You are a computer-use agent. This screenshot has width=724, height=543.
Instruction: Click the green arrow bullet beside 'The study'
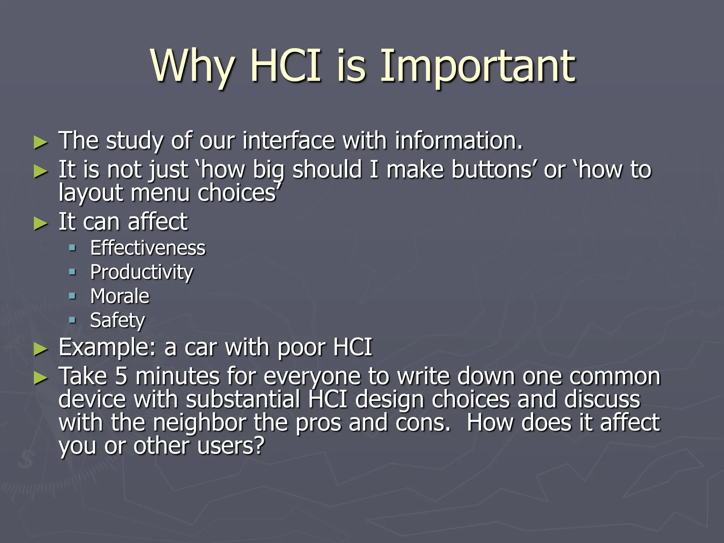point(40,142)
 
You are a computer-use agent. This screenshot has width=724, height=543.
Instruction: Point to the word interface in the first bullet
point(288,141)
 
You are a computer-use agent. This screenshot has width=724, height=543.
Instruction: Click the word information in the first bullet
point(458,141)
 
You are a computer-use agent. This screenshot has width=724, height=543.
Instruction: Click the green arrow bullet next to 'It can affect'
point(40,223)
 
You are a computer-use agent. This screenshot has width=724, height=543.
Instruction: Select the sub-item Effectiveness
point(147,248)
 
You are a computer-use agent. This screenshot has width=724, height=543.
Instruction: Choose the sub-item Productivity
point(141,273)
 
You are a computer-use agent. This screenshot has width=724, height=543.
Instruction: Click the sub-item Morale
point(119,296)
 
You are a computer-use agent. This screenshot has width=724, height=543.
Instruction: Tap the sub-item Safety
point(117,321)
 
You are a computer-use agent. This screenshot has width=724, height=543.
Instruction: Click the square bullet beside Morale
point(72,296)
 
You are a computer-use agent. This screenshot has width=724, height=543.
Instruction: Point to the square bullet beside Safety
point(72,320)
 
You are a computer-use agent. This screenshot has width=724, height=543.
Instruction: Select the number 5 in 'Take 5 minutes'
point(121,376)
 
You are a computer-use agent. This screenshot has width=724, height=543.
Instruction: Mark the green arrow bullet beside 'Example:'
point(40,349)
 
